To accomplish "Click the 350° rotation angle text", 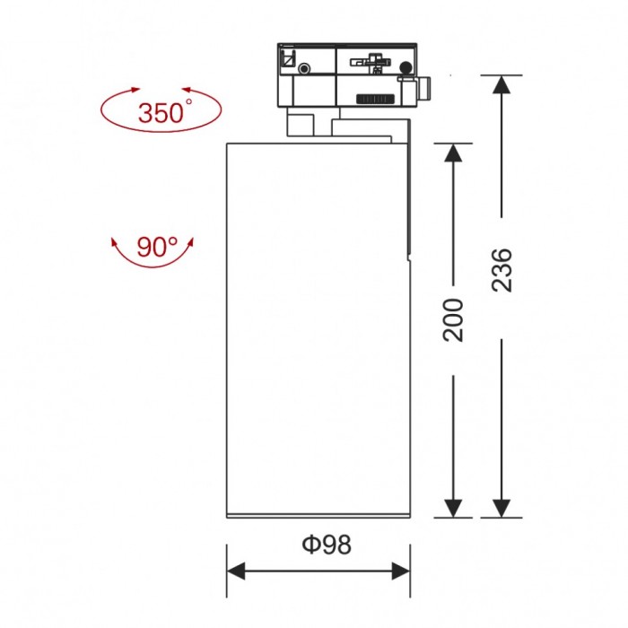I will click(x=164, y=113).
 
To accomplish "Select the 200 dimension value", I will click(x=454, y=318).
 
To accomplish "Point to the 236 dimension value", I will click(x=502, y=269).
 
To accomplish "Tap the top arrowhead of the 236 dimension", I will click(x=502, y=85).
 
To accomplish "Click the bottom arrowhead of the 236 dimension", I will click(x=502, y=508).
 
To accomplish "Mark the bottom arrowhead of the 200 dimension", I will click(x=454, y=508).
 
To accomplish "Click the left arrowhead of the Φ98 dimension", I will click(x=237, y=570).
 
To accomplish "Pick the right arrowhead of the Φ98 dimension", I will click(x=400, y=570).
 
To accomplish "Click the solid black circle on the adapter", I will click(x=406, y=68).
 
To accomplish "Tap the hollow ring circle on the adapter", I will click(x=306, y=68).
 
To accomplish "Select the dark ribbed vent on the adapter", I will click(x=375, y=98).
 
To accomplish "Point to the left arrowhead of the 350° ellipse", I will click(x=135, y=91).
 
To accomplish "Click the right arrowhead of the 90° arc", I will click(x=189, y=242).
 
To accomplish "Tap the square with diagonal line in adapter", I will click(x=288, y=59).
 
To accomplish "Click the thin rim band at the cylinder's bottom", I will click(x=318, y=514).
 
